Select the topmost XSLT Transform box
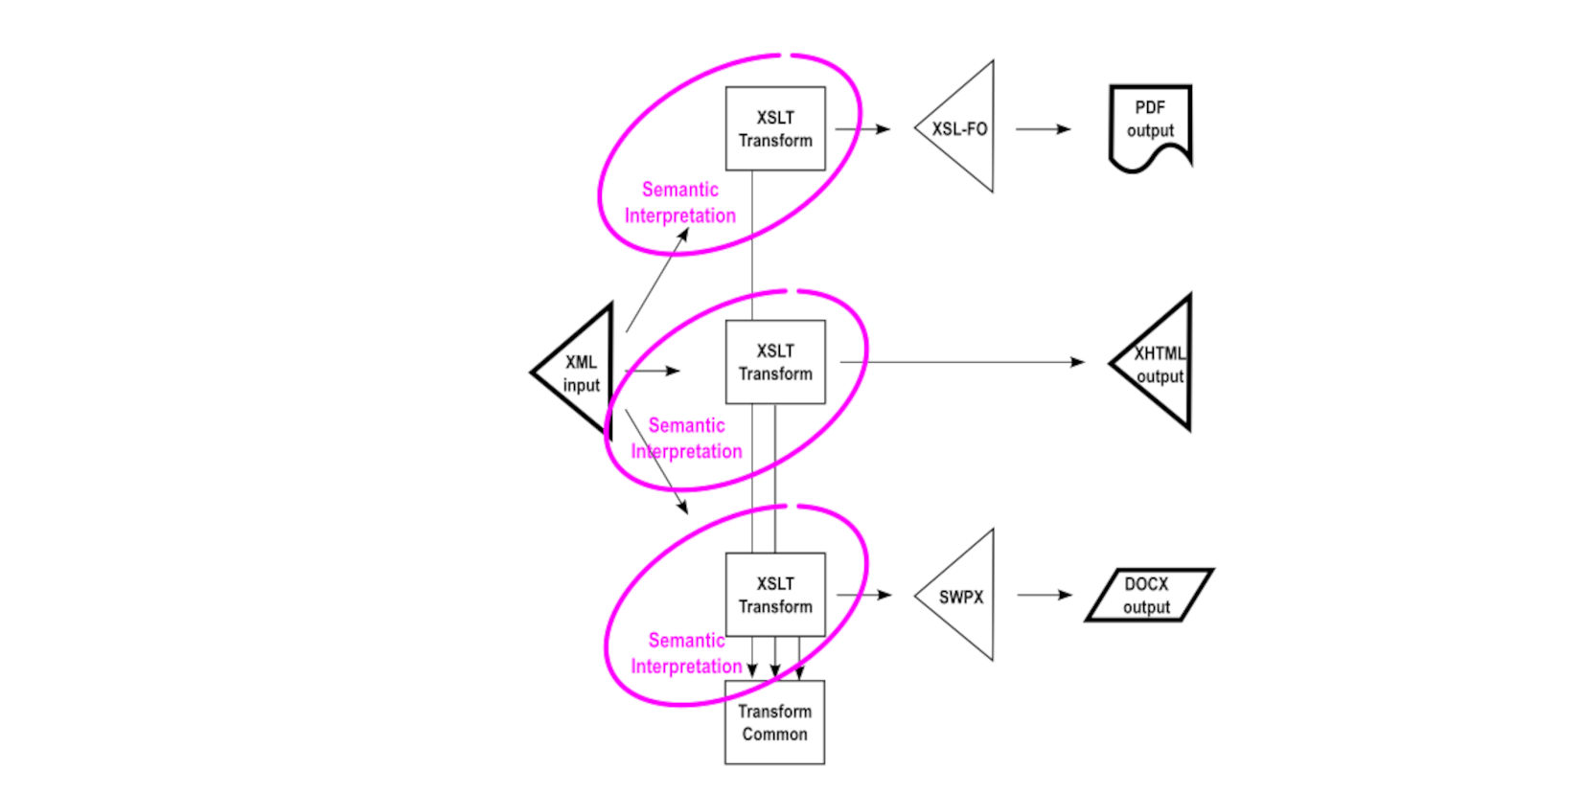[774, 129]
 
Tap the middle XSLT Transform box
[774, 362]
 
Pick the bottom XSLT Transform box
[774, 595]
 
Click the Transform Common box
[774, 722]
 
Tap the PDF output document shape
[1150, 123]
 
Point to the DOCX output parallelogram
[1147, 595]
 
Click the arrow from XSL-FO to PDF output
[1043, 128]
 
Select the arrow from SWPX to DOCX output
[1044, 595]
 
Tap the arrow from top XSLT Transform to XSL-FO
[861, 128]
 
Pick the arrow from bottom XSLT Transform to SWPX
[863, 595]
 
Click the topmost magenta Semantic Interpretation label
[680, 203]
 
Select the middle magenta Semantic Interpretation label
[686, 439]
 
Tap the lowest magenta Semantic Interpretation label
[686, 653]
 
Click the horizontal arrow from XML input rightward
[652, 371]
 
